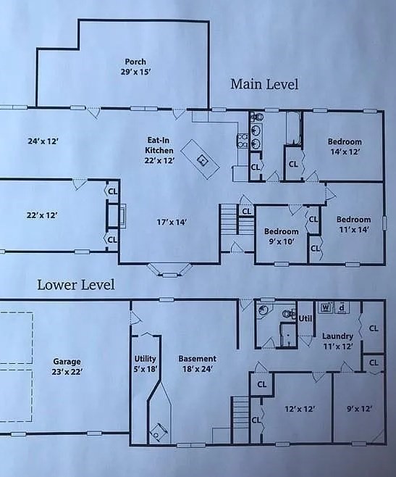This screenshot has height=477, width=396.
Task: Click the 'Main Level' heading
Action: coord(264,84)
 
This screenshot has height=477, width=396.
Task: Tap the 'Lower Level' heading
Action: coord(76,285)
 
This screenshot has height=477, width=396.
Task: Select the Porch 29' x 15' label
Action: coord(135,67)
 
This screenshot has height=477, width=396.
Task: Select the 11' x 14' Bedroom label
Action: coord(353,225)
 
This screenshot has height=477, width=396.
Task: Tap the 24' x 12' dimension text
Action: coord(41,141)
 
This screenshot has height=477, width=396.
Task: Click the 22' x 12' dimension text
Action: coord(41,215)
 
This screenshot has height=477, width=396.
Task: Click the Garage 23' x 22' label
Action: coord(67,367)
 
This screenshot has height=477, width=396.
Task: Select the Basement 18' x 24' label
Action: coord(197,364)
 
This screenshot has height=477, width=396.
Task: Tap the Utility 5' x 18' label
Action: coord(145,364)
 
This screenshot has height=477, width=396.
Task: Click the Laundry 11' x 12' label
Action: coord(337,341)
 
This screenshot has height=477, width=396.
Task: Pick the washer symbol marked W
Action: coord(325,307)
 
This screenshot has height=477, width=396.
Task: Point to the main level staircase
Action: coord(229,218)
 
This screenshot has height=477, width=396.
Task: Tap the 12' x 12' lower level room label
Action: coord(299,409)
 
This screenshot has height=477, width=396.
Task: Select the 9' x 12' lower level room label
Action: coord(359,409)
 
